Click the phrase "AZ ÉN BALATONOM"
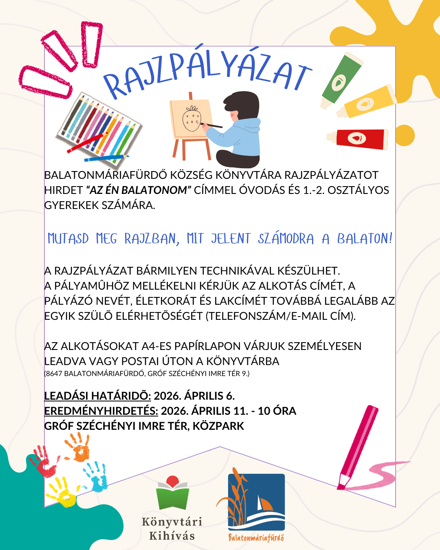[139, 190]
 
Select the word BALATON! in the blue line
[364, 238]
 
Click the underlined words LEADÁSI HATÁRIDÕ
[97, 396]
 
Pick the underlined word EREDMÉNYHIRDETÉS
[101, 411]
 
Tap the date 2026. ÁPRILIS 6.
[194, 396]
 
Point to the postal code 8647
[54, 374]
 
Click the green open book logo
[173, 493]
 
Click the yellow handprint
[63, 493]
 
